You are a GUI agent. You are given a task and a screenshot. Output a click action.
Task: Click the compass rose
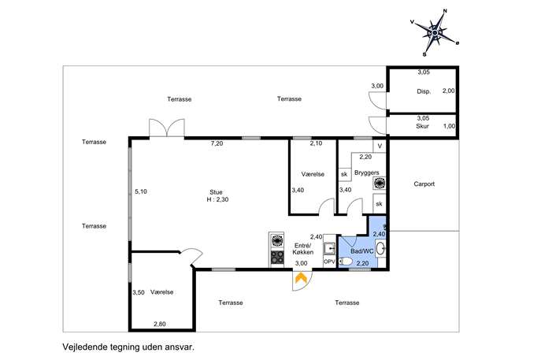pyautogui.click(x=435, y=32)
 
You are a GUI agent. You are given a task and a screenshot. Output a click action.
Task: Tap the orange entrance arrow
pyautogui.click(x=301, y=278)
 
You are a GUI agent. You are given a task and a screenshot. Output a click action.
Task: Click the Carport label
pyautogui.click(x=424, y=184)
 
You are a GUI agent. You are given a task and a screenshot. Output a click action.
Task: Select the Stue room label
pyautogui.click(x=216, y=192)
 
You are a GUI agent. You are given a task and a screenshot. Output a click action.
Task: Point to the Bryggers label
pyautogui.click(x=366, y=173)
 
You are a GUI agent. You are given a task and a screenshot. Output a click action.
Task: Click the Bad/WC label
pyautogui.click(x=362, y=251)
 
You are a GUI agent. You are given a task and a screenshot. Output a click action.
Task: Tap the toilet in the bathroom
pyautogui.click(x=346, y=262)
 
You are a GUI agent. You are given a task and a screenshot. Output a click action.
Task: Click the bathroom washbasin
pyautogui.click(x=380, y=248)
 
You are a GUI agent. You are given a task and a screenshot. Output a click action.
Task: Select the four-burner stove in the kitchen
pyautogui.click(x=276, y=257)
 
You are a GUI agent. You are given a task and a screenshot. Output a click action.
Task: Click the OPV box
pyautogui.click(x=329, y=262)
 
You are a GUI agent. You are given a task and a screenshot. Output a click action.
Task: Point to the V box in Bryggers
pyautogui.click(x=380, y=146)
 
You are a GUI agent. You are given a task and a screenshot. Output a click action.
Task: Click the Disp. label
pyautogui.click(x=424, y=92)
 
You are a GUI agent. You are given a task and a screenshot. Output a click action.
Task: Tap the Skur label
pyautogui.click(x=422, y=126)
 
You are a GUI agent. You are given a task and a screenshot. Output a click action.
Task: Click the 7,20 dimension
pyautogui.click(x=217, y=143)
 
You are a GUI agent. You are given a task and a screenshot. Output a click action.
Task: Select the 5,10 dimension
pyautogui.click(x=141, y=191)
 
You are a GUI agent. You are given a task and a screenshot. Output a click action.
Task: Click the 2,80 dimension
pyautogui.click(x=159, y=324)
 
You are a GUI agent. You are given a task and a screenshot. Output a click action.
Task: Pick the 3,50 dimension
pyautogui.click(x=139, y=293)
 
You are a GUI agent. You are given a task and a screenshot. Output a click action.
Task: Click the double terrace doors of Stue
pyautogui.click(x=167, y=128)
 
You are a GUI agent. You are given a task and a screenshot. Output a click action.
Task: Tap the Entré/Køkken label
pyautogui.click(x=303, y=249)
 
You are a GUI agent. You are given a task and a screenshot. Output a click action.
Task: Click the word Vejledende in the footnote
pyautogui.click(x=83, y=347)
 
